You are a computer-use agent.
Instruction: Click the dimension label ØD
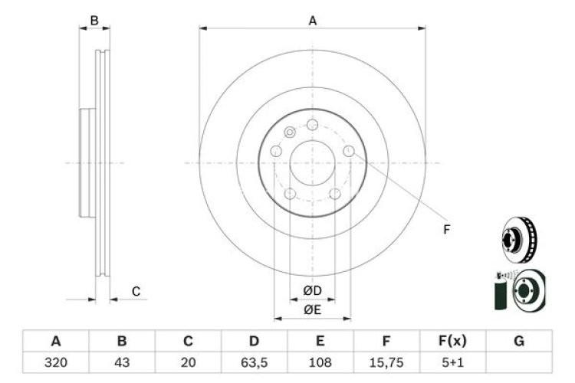(x=312, y=290)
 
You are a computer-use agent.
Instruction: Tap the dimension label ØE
(x=312, y=309)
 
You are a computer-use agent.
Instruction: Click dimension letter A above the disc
(x=313, y=21)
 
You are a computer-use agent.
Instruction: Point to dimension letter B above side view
(x=94, y=21)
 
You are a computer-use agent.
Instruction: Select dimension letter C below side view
(x=136, y=291)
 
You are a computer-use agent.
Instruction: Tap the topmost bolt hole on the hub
(x=312, y=124)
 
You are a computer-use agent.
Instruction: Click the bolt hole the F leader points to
(x=349, y=151)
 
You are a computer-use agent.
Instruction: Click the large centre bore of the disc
(x=312, y=162)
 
